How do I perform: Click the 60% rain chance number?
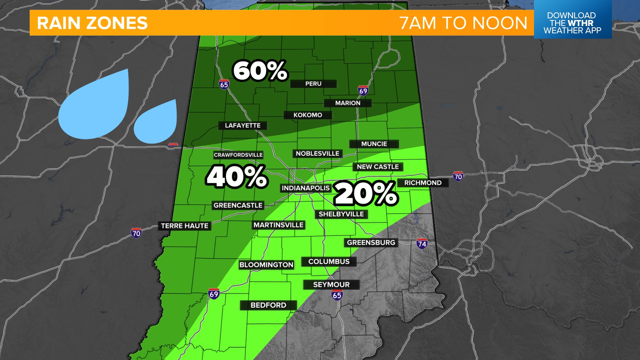click(260, 71)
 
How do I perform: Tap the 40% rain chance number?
click(237, 176)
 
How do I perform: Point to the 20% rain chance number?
click(366, 193)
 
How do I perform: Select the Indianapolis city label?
click(306, 188)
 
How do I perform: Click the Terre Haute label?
click(185, 226)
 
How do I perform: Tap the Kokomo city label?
click(308, 115)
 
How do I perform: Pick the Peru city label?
click(313, 84)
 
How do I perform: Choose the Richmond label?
click(423, 183)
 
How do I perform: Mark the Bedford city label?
click(268, 305)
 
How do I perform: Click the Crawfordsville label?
click(238, 155)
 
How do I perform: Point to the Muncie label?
click(374, 144)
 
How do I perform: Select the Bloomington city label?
click(266, 265)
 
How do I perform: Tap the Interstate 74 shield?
click(422, 244)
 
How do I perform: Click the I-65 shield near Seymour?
click(337, 295)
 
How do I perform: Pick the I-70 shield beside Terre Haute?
click(136, 233)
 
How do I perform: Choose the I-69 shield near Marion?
click(363, 90)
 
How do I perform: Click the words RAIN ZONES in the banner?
click(92, 23)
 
